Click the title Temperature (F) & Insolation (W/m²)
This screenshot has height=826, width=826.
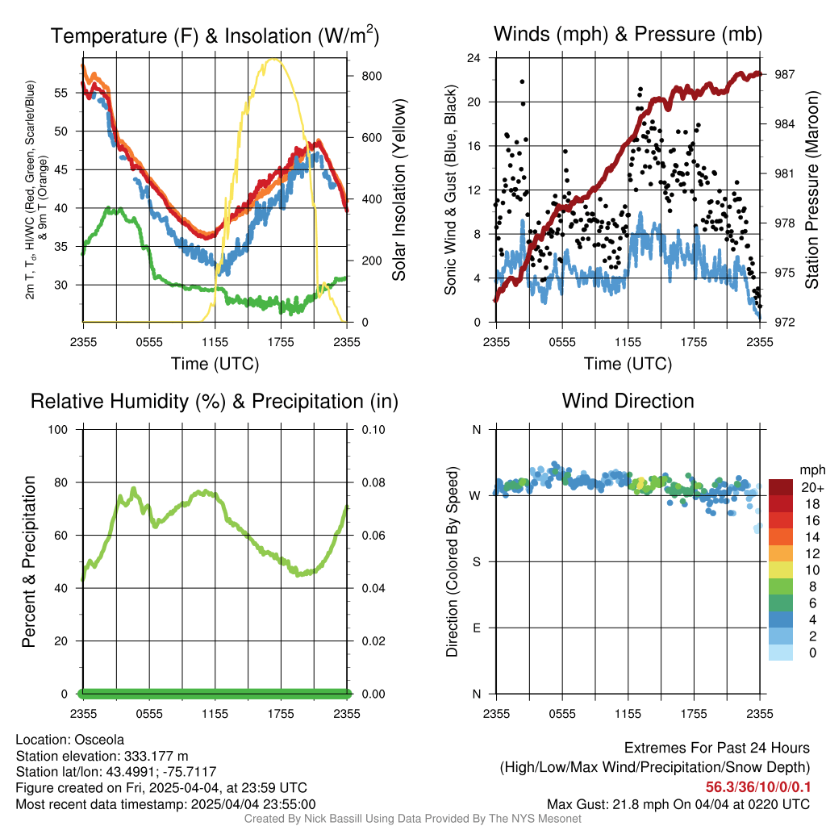(x=215, y=35)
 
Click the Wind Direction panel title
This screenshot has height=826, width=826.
(x=628, y=401)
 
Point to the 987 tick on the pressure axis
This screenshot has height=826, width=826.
(x=784, y=74)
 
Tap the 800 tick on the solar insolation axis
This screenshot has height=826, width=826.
(x=371, y=76)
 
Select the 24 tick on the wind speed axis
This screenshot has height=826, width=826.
(x=474, y=57)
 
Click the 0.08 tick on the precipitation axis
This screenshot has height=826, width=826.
(x=373, y=482)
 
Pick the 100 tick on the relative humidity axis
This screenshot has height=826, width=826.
(x=58, y=429)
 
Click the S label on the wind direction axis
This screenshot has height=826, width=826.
(x=476, y=561)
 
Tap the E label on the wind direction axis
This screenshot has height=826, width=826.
(x=476, y=628)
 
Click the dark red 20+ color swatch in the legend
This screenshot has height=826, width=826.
(x=781, y=487)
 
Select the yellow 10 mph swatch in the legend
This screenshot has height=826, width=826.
(x=781, y=570)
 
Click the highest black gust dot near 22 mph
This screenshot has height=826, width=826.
(x=522, y=81)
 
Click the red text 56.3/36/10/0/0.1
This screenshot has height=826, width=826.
(x=758, y=786)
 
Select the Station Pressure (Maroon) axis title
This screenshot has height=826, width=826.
(x=811, y=190)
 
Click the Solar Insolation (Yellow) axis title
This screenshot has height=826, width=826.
(x=398, y=190)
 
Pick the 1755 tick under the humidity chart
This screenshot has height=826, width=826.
(x=281, y=714)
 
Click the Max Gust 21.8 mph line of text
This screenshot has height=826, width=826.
(x=678, y=804)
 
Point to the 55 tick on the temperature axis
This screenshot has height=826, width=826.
(x=61, y=93)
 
